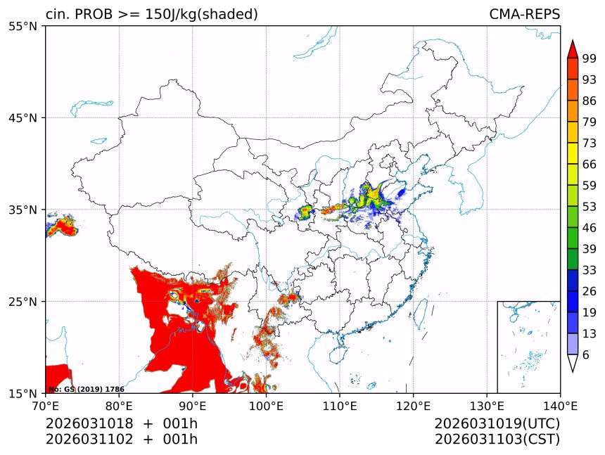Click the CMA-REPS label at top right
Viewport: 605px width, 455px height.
pyautogui.click(x=524, y=14)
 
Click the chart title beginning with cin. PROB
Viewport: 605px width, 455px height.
pyautogui.click(x=151, y=14)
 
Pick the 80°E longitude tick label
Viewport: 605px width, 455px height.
pyautogui.click(x=119, y=406)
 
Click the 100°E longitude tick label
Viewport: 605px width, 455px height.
pyautogui.click(x=266, y=406)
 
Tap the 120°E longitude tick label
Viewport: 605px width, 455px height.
pyautogui.click(x=413, y=406)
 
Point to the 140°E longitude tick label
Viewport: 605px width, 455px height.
pyautogui.click(x=560, y=406)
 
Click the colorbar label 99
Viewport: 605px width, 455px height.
pyautogui.click(x=590, y=58)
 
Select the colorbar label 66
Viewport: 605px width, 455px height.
pyautogui.click(x=590, y=164)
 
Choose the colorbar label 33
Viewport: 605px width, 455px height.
pyautogui.click(x=590, y=270)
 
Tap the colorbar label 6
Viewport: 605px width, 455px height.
pyautogui.click(x=586, y=355)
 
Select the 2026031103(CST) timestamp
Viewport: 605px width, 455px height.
pyautogui.click(x=497, y=440)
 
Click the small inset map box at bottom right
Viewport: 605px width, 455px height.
pyautogui.click(x=528, y=347)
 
